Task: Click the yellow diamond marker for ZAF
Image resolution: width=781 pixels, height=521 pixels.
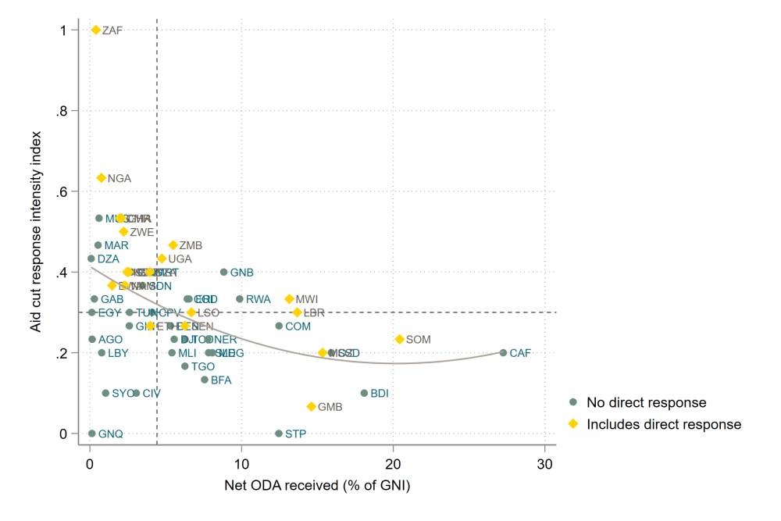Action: (x=96, y=30)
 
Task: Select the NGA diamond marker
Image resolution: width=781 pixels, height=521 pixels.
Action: (x=101, y=178)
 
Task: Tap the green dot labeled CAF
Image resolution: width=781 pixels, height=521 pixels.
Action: (x=503, y=353)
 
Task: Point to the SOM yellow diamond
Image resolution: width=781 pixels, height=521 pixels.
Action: (x=400, y=340)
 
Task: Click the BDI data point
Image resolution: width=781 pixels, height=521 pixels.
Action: (x=364, y=393)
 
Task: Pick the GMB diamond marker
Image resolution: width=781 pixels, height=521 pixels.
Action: (x=312, y=407)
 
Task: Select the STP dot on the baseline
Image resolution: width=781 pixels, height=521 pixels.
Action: (x=279, y=434)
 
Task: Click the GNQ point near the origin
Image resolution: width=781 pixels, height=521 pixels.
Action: (x=91, y=434)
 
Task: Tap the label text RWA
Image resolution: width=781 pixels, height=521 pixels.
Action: (x=259, y=299)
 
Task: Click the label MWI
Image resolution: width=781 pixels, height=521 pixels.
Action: (x=307, y=299)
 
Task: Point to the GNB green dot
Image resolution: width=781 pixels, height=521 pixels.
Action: (x=224, y=273)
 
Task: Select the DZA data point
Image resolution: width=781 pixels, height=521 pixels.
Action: (x=91, y=259)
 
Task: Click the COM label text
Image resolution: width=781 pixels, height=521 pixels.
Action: (x=298, y=327)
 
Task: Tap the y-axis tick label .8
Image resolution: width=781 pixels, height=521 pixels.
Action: (x=66, y=111)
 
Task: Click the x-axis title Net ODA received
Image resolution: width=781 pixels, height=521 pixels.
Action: (x=317, y=486)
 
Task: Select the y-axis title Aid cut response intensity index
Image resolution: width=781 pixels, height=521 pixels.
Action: (x=37, y=231)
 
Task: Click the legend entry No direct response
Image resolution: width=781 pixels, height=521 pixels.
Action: (x=646, y=403)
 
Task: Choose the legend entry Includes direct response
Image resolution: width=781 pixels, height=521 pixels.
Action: (x=663, y=424)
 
